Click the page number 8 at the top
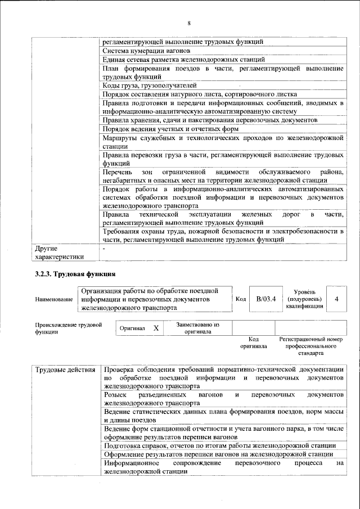click(189, 23)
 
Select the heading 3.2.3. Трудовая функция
click(75, 274)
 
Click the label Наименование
click(53, 300)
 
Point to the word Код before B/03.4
click(240, 299)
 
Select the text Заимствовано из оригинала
click(197, 328)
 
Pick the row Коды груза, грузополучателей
click(150, 85)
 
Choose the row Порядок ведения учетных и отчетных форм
click(171, 129)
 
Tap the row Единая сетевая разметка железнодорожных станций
click(183, 60)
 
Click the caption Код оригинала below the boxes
click(253, 343)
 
